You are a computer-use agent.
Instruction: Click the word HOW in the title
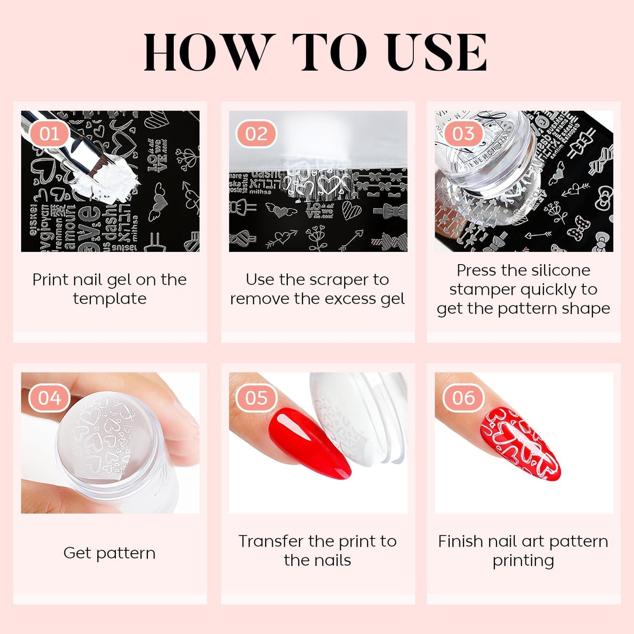(206, 53)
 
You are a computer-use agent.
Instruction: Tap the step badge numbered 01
(49, 134)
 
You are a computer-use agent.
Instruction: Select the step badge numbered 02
(256, 134)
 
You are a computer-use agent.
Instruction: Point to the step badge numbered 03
(463, 134)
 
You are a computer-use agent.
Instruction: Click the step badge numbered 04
(49, 398)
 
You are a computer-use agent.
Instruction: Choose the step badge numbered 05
(256, 398)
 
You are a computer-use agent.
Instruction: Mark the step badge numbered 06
(463, 398)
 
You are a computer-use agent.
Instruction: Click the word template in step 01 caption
(110, 299)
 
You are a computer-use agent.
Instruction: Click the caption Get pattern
(109, 553)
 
